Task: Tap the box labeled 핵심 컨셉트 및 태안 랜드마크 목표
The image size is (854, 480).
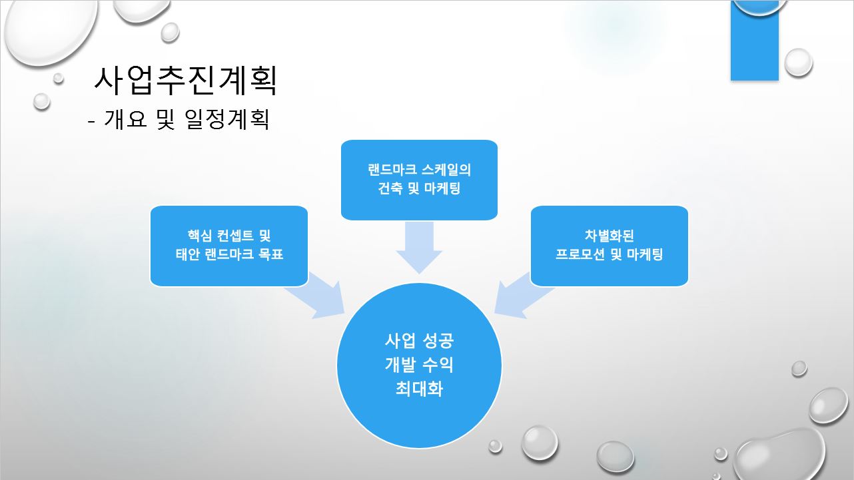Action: point(228,245)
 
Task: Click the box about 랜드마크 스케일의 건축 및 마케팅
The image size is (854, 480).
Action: point(419,179)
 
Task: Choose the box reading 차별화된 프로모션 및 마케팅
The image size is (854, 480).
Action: point(609,245)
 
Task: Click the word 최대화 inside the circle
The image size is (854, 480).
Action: point(419,388)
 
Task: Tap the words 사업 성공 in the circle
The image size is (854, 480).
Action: point(419,341)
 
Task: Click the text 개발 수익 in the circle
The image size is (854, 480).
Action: point(419,365)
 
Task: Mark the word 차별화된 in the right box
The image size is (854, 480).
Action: point(609,236)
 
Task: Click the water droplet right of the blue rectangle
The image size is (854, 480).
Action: point(798,62)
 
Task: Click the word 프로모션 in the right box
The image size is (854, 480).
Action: point(582,254)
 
